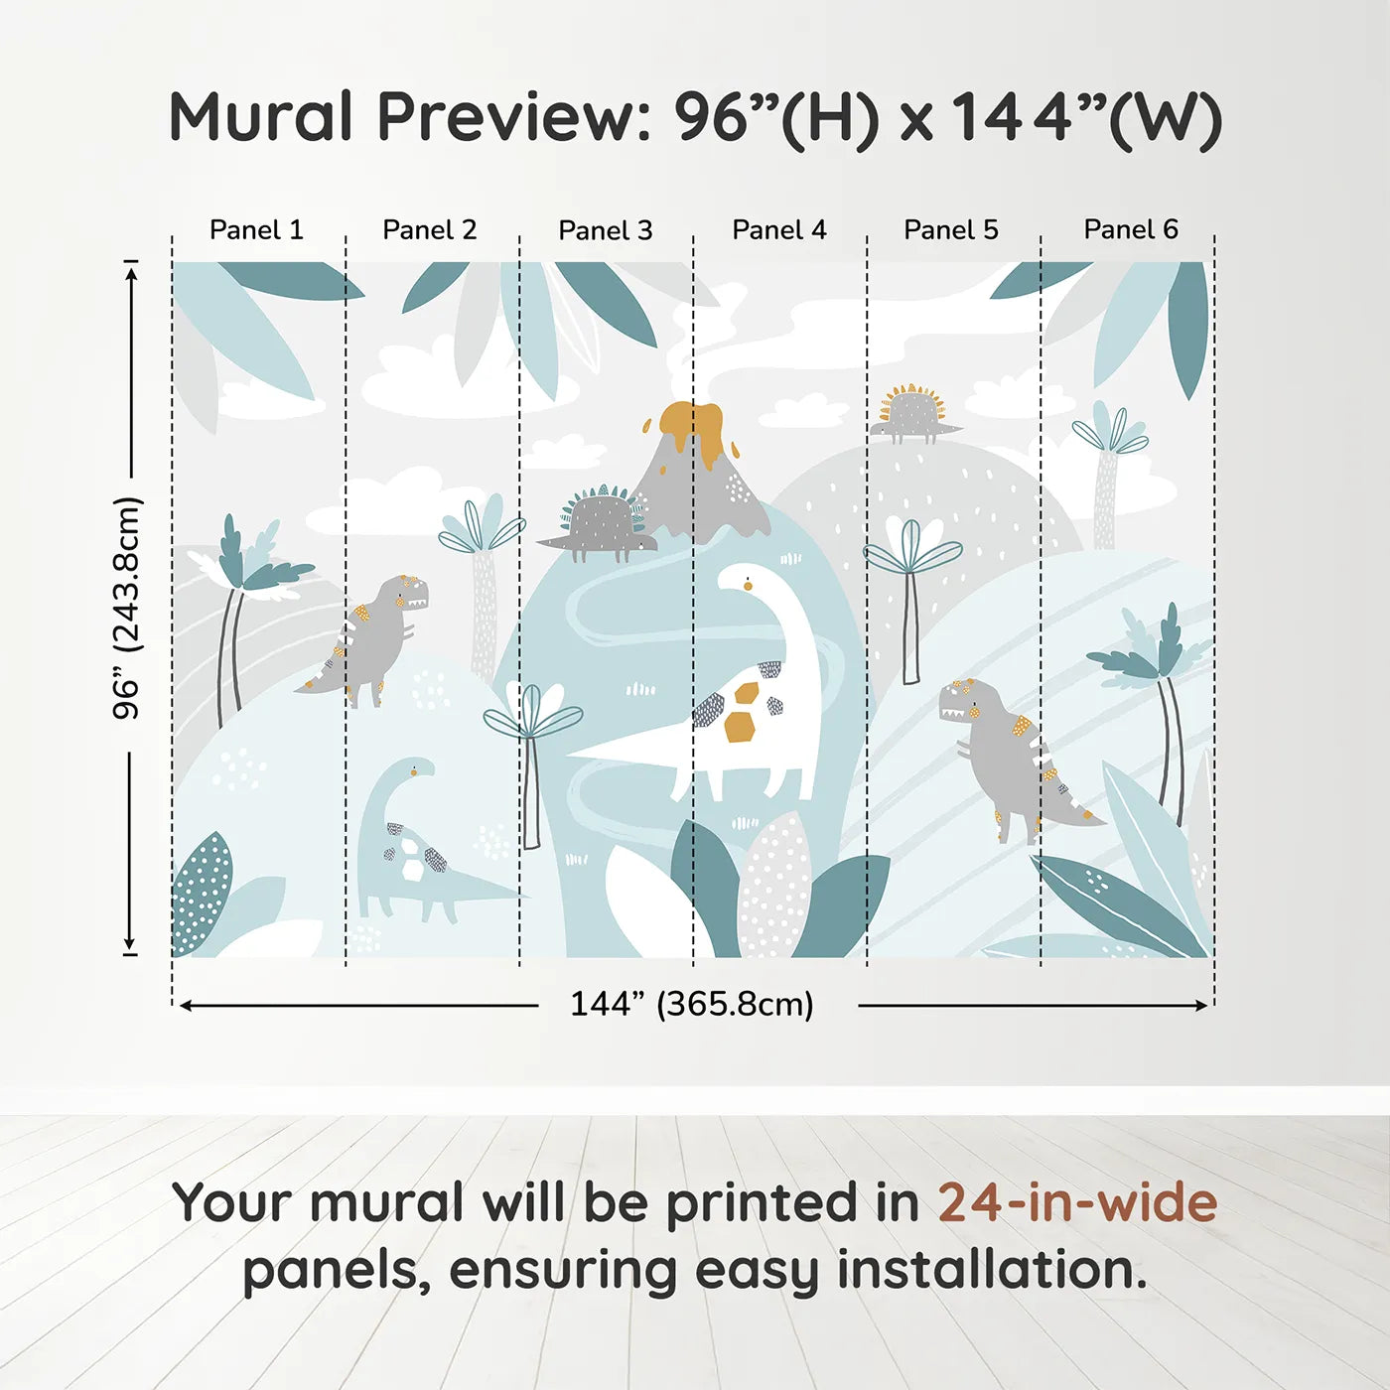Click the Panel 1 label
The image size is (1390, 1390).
(256, 230)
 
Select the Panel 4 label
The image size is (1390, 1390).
(778, 230)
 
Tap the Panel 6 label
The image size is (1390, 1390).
(1130, 230)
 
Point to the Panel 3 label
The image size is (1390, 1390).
(605, 231)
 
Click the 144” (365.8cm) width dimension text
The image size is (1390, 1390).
(692, 1005)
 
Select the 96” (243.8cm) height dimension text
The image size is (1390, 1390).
(127, 608)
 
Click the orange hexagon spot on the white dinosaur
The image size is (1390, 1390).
(740, 727)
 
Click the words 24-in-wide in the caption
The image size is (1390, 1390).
(1077, 1203)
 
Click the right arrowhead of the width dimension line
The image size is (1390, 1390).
(1202, 1006)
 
